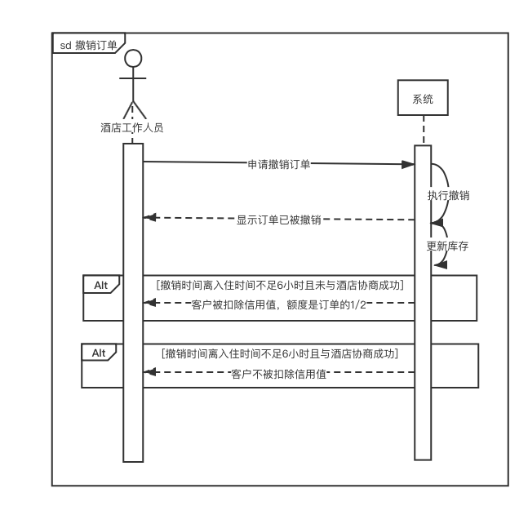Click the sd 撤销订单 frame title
tap(88, 44)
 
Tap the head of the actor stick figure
tap(132, 59)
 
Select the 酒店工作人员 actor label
tap(132, 127)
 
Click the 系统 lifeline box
tap(423, 100)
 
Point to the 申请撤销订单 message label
tap(279, 163)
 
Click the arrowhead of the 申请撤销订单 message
tap(410, 164)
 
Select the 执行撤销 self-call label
tap(448, 195)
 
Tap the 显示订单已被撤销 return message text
tap(278, 219)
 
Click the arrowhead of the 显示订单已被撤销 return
tap(148, 217)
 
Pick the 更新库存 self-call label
tap(447, 246)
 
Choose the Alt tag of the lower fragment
tap(99, 353)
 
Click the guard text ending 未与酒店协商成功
tap(279, 285)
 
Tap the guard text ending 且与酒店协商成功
tap(281, 353)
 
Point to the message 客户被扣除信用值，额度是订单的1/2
tap(278, 304)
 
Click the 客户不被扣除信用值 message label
tap(278, 374)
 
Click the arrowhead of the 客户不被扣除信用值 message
tap(148, 372)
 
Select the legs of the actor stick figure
tap(132, 109)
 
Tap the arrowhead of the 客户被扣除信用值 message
tap(148, 303)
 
